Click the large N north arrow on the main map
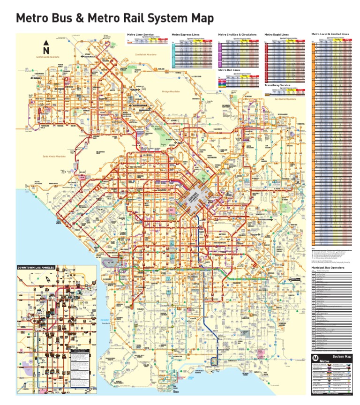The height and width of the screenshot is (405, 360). (x=46, y=49)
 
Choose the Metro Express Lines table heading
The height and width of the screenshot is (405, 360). (x=186, y=34)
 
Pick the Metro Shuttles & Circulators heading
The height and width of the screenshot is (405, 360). (x=237, y=34)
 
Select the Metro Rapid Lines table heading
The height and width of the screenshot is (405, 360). (x=277, y=34)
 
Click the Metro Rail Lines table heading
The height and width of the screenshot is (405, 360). (x=230, y=70)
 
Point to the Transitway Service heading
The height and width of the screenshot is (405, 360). (x=278, y=85)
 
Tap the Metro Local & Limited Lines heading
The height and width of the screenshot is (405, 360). (x=330, y=34)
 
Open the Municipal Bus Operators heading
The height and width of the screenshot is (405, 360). (x=328, y=268)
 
